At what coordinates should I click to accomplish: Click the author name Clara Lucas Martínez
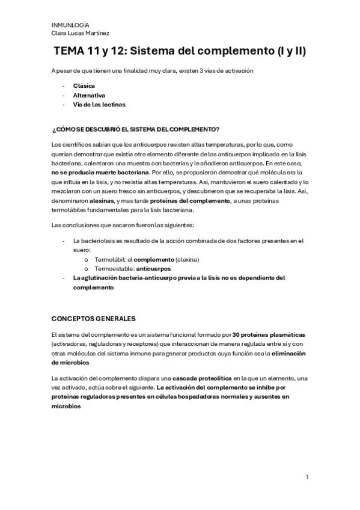(80, 33)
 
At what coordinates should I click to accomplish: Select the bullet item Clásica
(84, 85)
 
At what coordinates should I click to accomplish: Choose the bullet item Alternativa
(89, 95)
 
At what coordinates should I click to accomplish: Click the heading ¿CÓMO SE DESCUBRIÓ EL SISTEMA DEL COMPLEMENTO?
(135, 130)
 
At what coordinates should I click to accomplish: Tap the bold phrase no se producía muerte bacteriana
(100, 173)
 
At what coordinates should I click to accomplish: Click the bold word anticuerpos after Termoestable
(154, 268)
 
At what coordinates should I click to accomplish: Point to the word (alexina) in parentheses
(184, 259)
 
